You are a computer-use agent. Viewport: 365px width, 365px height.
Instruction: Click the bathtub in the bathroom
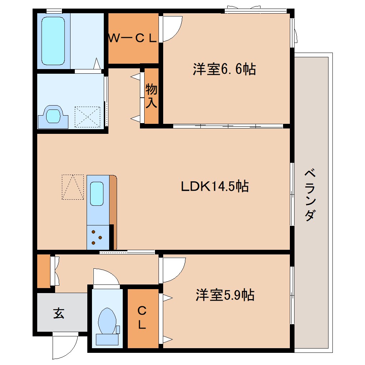[x=53, y=41]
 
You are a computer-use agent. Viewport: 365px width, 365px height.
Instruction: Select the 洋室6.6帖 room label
[x=224, y=69]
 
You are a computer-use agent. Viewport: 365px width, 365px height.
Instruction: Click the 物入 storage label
[x=151, y=96]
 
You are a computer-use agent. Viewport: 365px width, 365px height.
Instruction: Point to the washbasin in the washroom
[x=53, y=116]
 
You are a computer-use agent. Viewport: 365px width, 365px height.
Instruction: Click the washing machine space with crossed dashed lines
[x=87, y=117]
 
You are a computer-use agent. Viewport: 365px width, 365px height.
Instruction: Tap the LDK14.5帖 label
[x=214, y=186]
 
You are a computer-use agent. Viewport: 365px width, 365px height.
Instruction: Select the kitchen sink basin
[x=97, y=194]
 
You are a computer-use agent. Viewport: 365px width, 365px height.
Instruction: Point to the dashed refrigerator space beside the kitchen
[x=73, y=187]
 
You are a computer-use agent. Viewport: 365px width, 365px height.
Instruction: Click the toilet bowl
[x=107, y=321]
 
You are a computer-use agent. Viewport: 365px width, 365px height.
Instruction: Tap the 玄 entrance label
[x=59, y=313]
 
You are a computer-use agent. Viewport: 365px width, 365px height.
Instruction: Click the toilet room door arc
[x=106, y=277]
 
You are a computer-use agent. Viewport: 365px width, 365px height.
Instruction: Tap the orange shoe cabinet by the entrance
[x=44, y=272]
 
